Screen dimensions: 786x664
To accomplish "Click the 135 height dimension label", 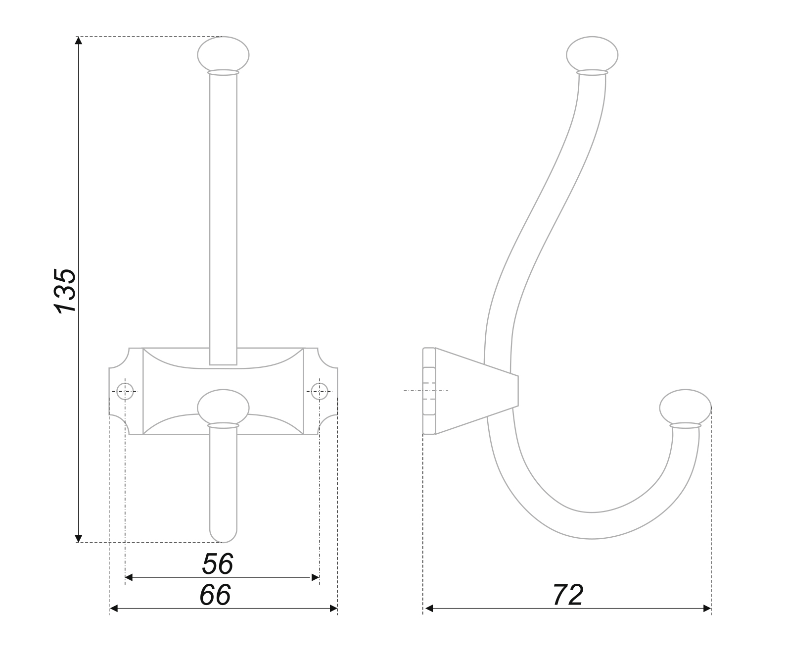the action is tap(65, 291).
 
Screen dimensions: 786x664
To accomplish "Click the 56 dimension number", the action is tap(218, 564).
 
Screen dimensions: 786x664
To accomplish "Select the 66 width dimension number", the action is tap(215, 595).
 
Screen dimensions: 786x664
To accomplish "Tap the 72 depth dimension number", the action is tap(568, 595).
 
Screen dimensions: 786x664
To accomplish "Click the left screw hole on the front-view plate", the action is tap(125, 391).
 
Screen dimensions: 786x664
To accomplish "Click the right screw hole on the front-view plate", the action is tap(320, 391).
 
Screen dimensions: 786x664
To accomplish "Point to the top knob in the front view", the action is tap(223, 54).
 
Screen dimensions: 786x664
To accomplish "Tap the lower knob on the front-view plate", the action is tap(223, 407).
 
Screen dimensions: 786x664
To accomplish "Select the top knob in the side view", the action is tap(592, 54).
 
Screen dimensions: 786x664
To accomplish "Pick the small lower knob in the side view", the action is tap(685, 407).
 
